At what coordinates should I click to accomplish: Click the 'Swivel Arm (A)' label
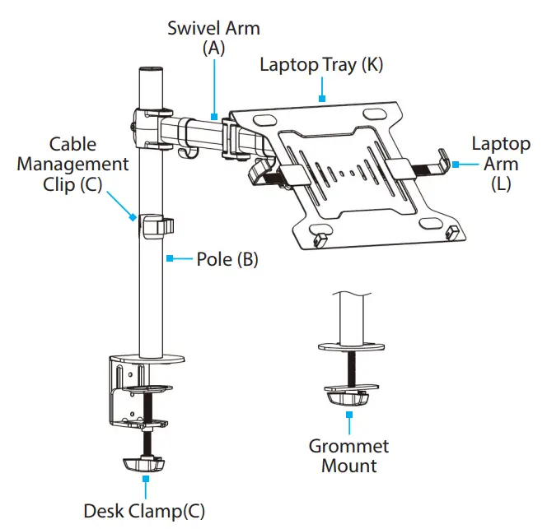coord(213,38)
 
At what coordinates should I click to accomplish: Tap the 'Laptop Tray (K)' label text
coord(321,65)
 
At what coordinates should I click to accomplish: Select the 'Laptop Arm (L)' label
coord(501,163)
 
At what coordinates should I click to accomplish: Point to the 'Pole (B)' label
coord(227,260)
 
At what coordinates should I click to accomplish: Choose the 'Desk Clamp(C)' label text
coord(144,510)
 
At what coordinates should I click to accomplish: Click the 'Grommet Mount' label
coord(348,456)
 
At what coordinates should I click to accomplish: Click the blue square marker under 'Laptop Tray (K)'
coord(322,99)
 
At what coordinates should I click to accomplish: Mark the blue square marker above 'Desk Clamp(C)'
coord(146,478)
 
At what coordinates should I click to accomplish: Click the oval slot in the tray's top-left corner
coord(260,120)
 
